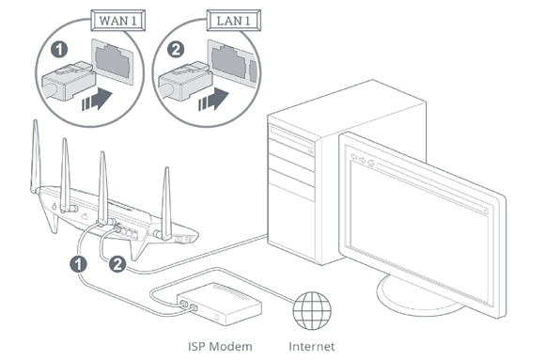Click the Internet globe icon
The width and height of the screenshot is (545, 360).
pyautogui.click(x=310, y=309)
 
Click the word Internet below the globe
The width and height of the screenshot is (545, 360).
pyautogui.click(x=311, y=347)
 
